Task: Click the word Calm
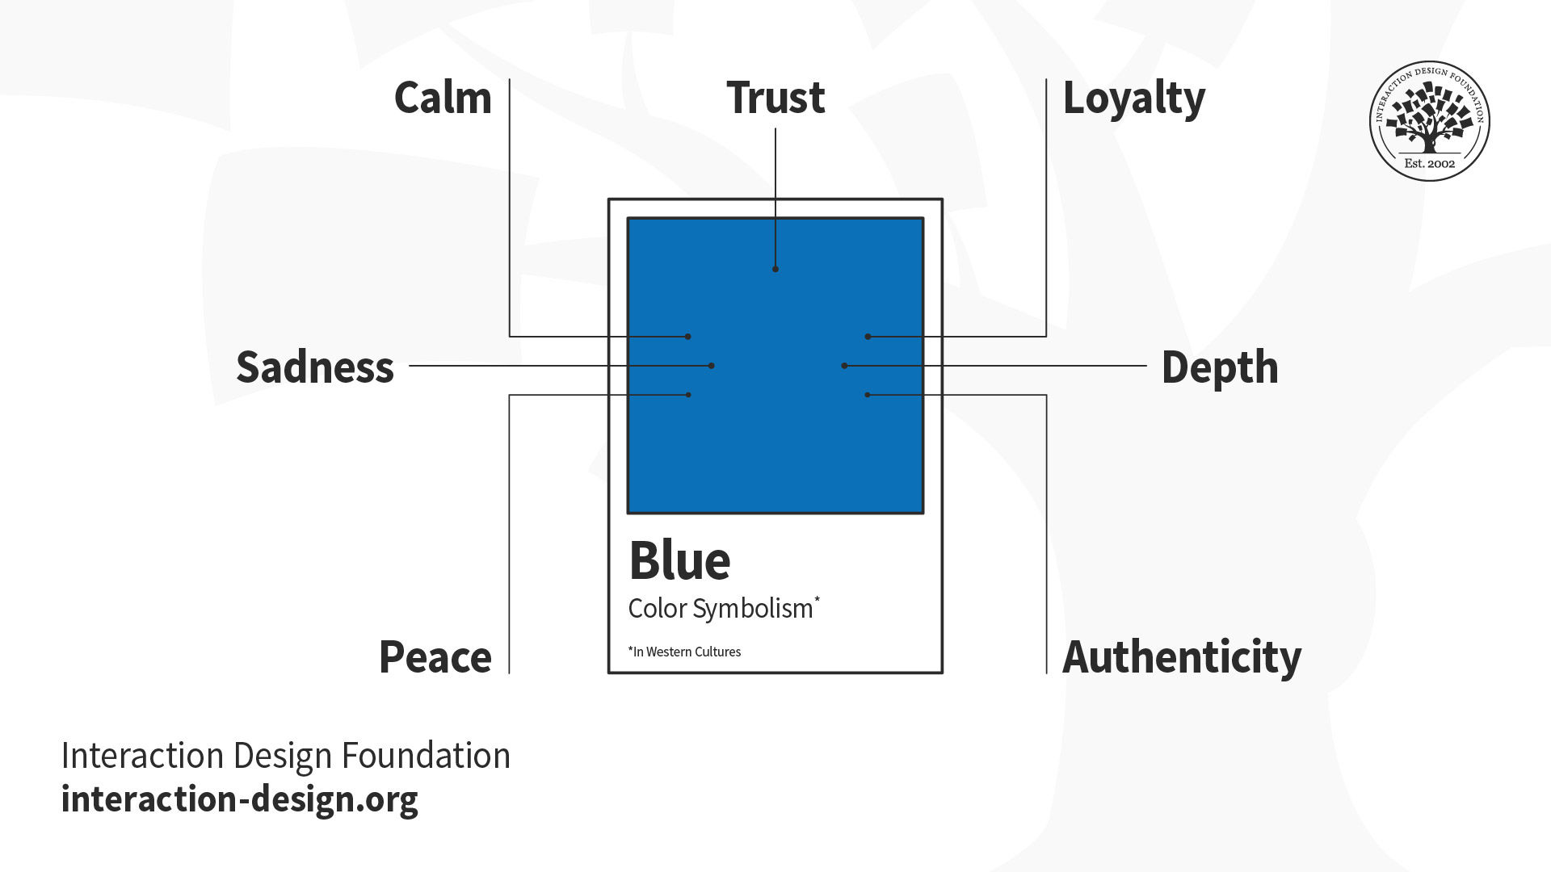point(443,99)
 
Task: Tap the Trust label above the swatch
point(775,99)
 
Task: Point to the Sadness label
point(315,367)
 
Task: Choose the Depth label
point(1220,368)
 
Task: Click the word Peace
point(435,657)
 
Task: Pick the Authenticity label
point(1182,657)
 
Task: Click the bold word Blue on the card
point(679,560)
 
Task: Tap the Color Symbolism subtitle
point(721,609)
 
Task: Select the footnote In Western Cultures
point(685,652)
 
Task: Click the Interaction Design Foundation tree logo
point(1429,120)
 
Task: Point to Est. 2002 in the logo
point(1429,163)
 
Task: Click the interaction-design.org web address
point(240,799)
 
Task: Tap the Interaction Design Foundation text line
point(286,756)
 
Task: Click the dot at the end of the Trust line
point(775,269)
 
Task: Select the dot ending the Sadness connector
point(711,366)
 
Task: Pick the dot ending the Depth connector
point(844,366)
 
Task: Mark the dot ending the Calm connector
point(688,337)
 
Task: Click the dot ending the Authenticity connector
point(868,395)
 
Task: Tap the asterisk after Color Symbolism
point(818,599)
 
